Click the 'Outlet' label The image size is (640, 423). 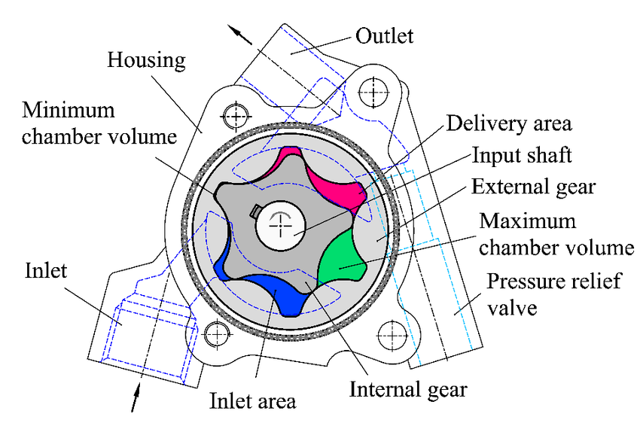tap(385, 35)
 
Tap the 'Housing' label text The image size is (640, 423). tap(146, 59)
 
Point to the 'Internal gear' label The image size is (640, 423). tap(408, 389)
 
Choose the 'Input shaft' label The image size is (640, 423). tap(522, 155)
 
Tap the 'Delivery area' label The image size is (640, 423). tap(508, 123)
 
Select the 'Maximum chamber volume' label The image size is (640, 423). tap(555, 234)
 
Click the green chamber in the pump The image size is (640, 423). tap(343, 257)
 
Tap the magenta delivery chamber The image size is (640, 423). tap(331, 178)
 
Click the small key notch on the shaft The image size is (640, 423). tap(257, 209)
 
